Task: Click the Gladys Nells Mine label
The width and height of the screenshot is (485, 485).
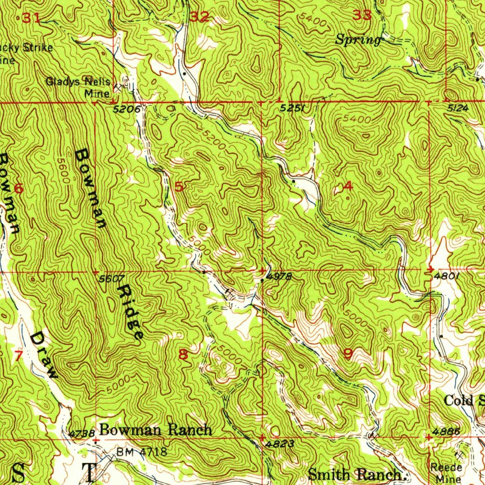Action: (78, 87)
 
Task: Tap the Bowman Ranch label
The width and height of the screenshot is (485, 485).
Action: (155, 430)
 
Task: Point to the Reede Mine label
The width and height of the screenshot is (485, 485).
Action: (446, 473)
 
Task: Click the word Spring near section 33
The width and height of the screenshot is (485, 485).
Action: (358, 40)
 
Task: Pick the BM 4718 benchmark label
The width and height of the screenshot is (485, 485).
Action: (142, 452)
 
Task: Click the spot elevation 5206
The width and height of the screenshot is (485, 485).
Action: (127, 109)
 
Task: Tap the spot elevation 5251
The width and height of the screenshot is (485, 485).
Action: (292, 108)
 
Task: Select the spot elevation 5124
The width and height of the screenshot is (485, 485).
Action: (458, 108)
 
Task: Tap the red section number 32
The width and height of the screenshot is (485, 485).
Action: (199, 18)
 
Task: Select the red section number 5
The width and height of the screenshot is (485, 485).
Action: (179, 186)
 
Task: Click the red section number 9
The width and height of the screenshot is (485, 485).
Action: (349, 354)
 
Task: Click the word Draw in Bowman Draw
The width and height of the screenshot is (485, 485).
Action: (44, 355)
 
